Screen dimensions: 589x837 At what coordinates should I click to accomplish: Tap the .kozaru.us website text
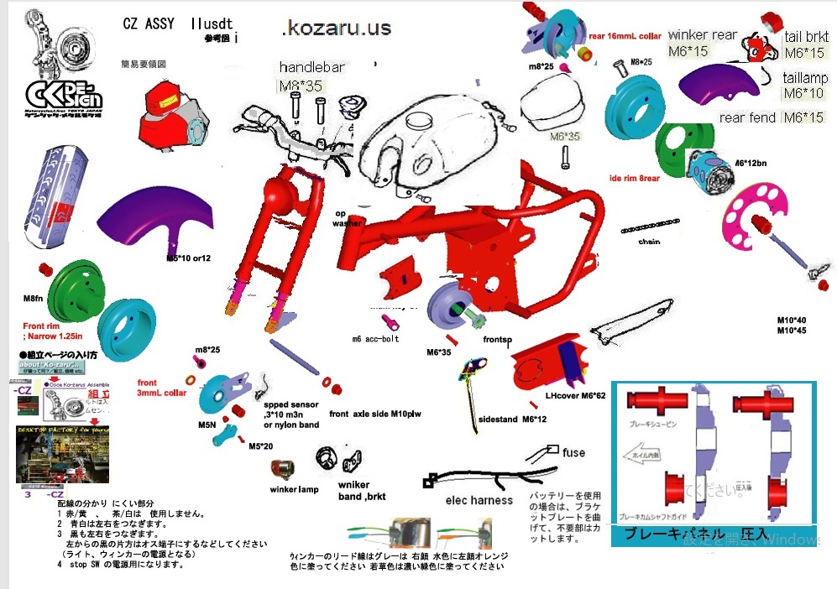click(337, 29)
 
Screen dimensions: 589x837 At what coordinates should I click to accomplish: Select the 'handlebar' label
click(312, 67)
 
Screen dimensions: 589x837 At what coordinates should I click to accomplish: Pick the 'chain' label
click(650, 242)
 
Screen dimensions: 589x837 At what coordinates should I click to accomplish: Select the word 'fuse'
click(574, 453)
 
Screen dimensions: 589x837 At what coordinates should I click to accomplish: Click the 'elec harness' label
click(479, 501)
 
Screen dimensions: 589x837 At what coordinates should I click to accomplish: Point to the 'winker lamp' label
click(294, 489)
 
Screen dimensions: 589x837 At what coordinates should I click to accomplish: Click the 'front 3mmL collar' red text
click(161, 388)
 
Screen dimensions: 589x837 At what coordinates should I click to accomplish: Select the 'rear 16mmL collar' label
click(625, 36)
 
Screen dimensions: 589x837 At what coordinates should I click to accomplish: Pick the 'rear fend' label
click(747, 117)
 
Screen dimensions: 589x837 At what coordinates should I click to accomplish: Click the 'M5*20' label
click(261, 446)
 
